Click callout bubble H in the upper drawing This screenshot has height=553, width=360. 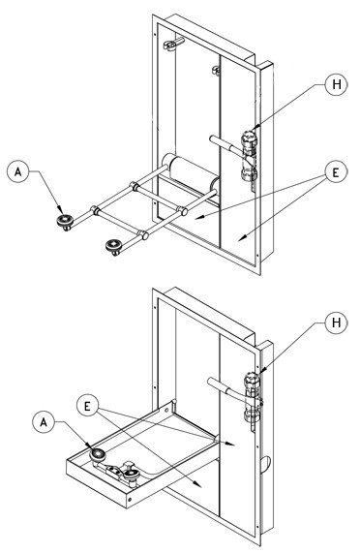tap(337, 84)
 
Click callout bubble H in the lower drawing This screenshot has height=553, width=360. tap(337, 323)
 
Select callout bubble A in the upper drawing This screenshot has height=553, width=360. tap(18, 171)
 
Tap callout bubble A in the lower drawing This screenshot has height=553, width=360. tap(44, 422)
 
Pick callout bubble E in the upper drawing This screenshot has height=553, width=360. tap(336, 172)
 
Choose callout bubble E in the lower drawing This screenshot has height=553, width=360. tap(88, 406)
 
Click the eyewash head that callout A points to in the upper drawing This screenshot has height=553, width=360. tap(65, 222)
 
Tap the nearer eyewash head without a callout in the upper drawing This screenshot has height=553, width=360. tap(114, 245)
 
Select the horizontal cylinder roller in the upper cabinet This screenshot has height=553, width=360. tap(191, 171)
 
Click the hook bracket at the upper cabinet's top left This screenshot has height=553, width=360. tap(173, 44)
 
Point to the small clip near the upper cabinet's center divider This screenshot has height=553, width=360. tap(216, 70)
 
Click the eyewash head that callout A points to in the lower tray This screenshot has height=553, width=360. tap(98, 455)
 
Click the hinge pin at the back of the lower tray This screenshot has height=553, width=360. tap(174, 405)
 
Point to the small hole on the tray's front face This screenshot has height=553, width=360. tap(130, 500)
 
